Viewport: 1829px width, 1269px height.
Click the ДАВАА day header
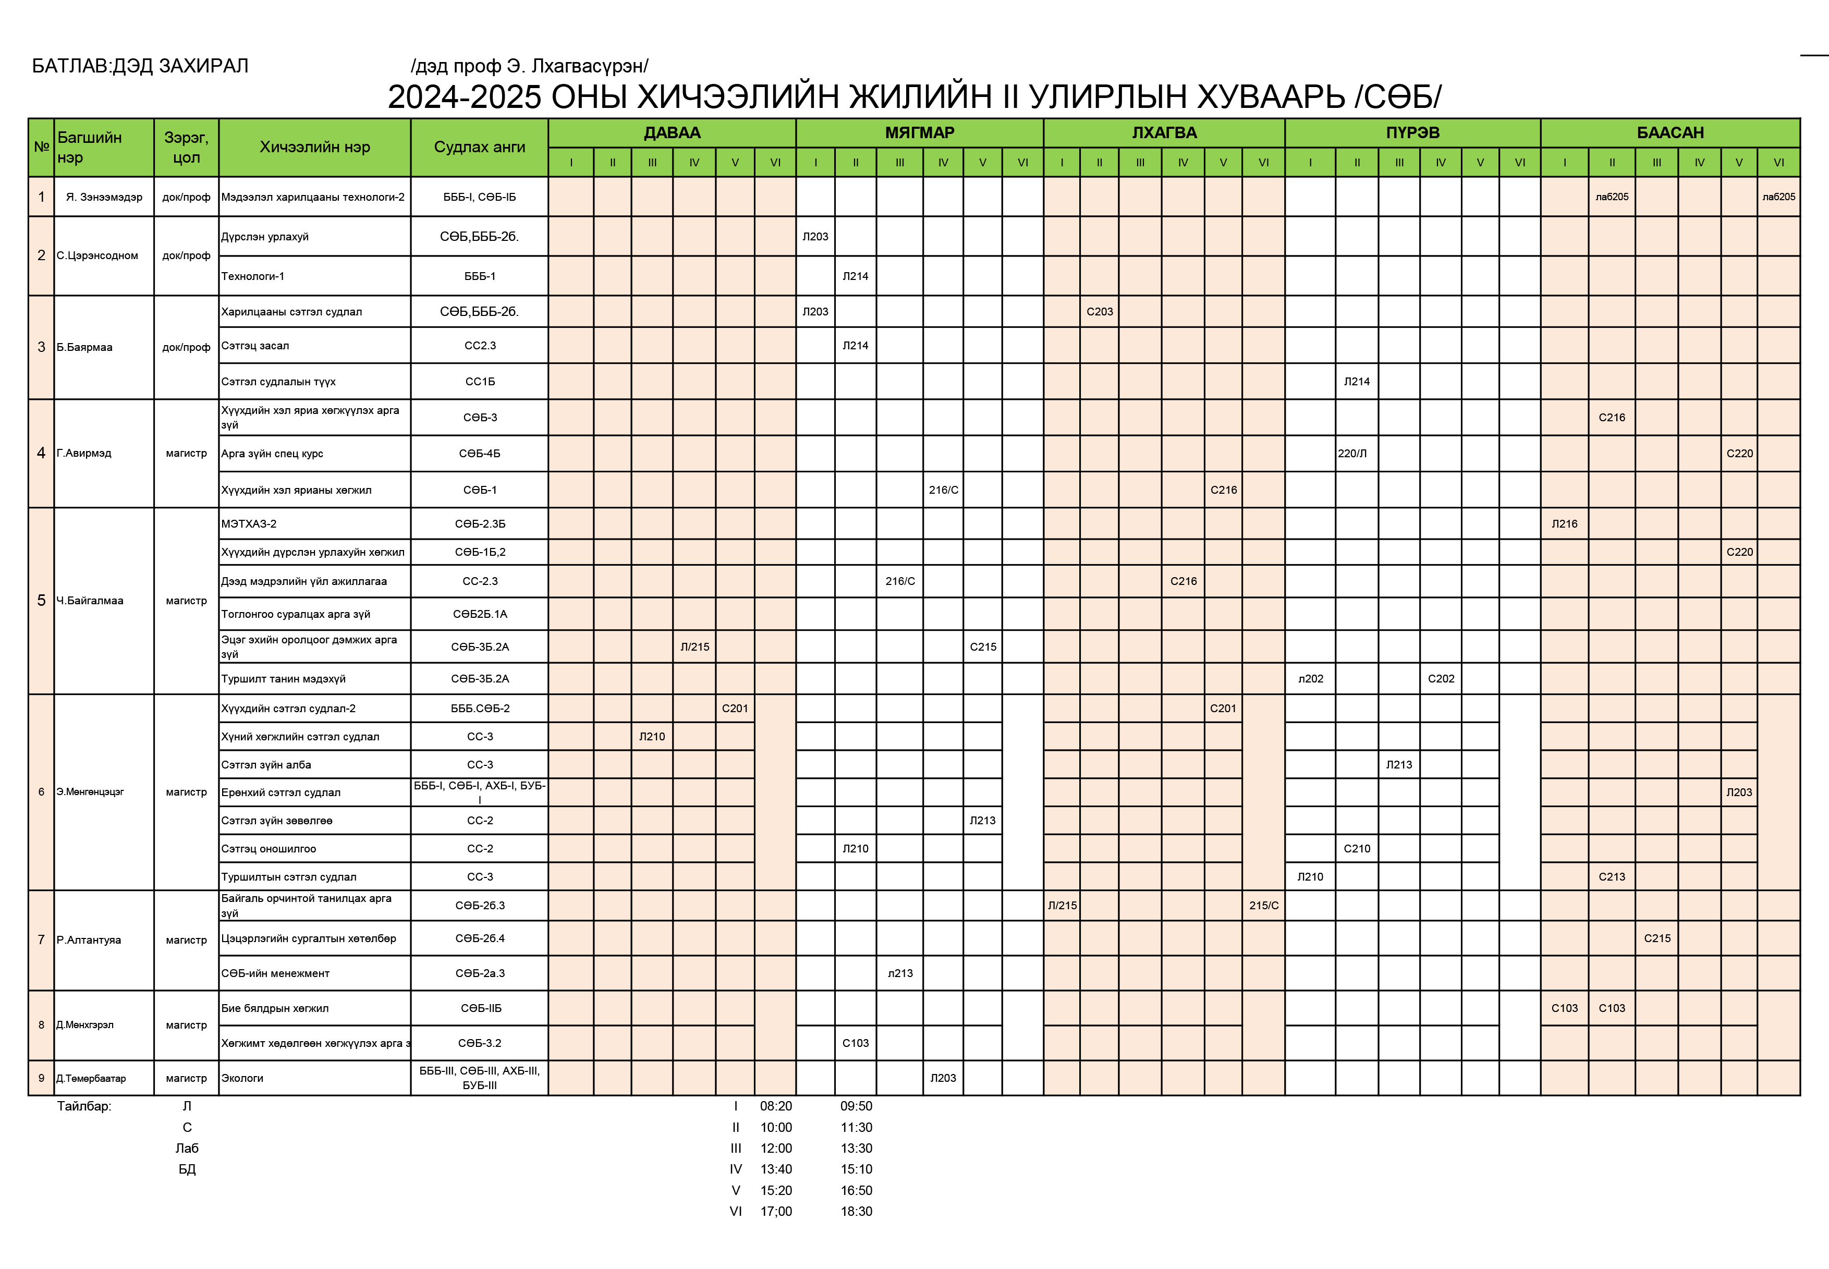click(x=672, y=133)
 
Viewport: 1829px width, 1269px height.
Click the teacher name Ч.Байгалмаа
click(x=90, y=600)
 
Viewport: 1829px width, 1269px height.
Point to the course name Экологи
click(x=242, y=1078)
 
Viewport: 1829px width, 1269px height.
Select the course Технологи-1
click(x=253, y=276)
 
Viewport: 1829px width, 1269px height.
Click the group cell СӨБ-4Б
click(x=480, y=453)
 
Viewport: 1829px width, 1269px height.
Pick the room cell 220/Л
click(x=1352, y=453)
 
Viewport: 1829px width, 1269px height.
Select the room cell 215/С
click(x=1264, y=905)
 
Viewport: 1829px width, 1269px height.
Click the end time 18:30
click(x=857, y=1211)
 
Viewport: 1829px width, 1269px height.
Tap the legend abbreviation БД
click(x=187, y=1169)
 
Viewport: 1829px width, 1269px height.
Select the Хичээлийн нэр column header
click(x=315, y=147)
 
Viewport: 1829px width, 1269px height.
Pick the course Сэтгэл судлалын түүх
click(x=278, y=382)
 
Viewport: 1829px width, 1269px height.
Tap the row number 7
click(x=41, y=940)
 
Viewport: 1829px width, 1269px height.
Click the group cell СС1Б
click(x=480, y=382)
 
